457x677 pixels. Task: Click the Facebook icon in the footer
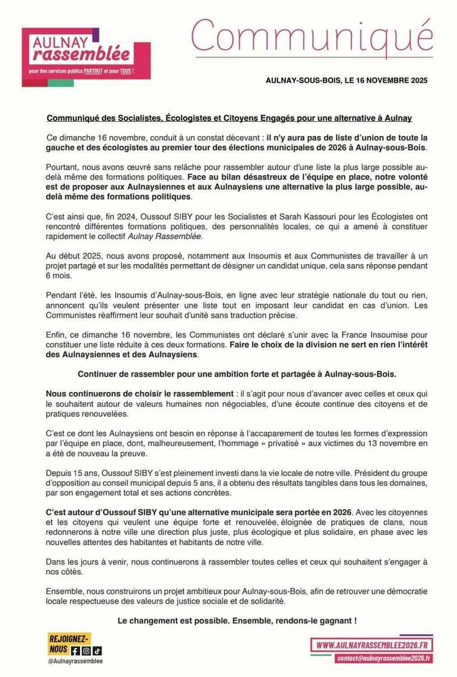tap(76, 651)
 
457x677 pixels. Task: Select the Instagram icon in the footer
tap(86, 651)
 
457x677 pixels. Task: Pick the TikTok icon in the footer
tap(96, 651)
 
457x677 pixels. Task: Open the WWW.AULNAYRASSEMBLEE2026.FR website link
tap(374, 645)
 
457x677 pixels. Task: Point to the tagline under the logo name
tap(86, 70)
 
